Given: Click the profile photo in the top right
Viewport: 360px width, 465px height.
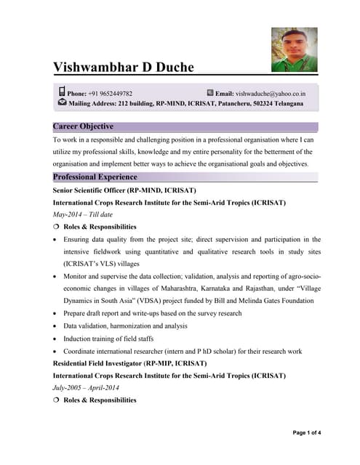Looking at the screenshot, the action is click(294, 49).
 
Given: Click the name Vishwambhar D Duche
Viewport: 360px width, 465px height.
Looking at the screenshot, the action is click(124, 68).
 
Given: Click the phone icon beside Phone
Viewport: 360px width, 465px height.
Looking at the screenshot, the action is click(61, 93).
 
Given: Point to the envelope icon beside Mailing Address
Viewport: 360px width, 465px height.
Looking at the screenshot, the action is click(62, 103).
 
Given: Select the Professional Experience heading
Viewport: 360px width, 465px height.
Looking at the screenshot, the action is click(95, 177).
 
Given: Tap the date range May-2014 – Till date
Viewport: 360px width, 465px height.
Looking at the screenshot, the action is click(83, 214).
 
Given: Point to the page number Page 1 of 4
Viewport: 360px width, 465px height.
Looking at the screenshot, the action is click(306, 433).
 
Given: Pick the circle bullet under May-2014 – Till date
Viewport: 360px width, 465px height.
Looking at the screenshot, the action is click(56, 227).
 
